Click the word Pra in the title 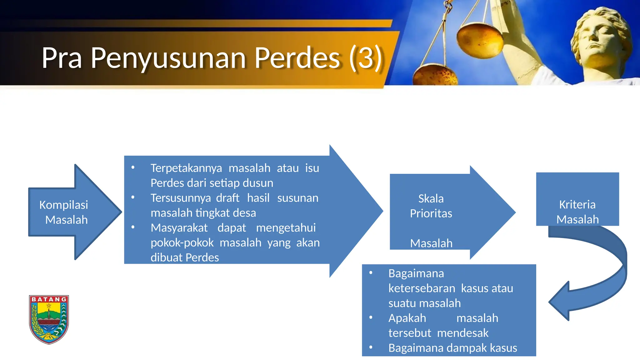(62, 58)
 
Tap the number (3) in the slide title (365, 58)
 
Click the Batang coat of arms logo (49, 319)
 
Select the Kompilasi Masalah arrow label (64, 212)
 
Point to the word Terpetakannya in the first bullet (186, 168)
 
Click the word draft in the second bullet (227, 198)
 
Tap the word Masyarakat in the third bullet (179, 228)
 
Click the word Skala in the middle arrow (431, 199)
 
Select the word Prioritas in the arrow (431, 213)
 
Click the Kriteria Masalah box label (577, 212)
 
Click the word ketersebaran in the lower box (422, 288)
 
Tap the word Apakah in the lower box (407, 318)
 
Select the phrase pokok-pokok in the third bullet (182, 243)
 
